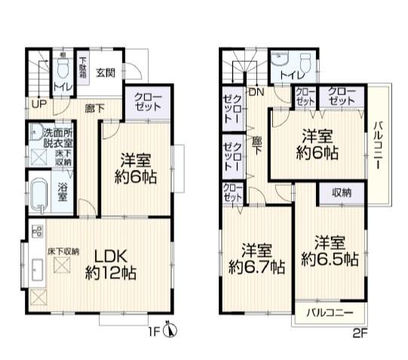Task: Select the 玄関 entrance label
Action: click(x=106, y=73)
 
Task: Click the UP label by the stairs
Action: click(x=36, y=104)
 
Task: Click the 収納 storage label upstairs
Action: click(x=341, y=193)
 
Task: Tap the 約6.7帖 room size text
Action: click(x=257, y=266)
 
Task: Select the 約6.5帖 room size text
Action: click(x=330, y=260)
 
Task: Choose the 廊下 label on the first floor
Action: click(x=94, y=107)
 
